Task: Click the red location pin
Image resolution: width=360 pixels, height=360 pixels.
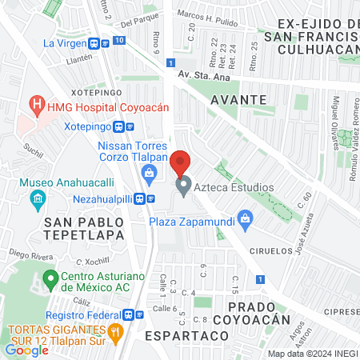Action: tap(181, 163)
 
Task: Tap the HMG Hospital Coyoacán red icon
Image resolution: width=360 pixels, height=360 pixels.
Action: tap(35, 104)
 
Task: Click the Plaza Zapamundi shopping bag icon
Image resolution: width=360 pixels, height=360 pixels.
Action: tap(246, 217)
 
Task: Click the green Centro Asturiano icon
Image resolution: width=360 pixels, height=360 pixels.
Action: tap(50, 281)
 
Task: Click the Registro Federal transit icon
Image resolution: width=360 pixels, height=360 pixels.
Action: tap(138, 314)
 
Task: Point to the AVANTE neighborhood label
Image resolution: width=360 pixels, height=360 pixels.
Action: tap(239, 98)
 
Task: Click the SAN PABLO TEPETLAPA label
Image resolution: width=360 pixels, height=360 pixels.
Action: tap(86, 228)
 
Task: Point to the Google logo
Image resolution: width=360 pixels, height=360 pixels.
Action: tap(26, 350)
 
